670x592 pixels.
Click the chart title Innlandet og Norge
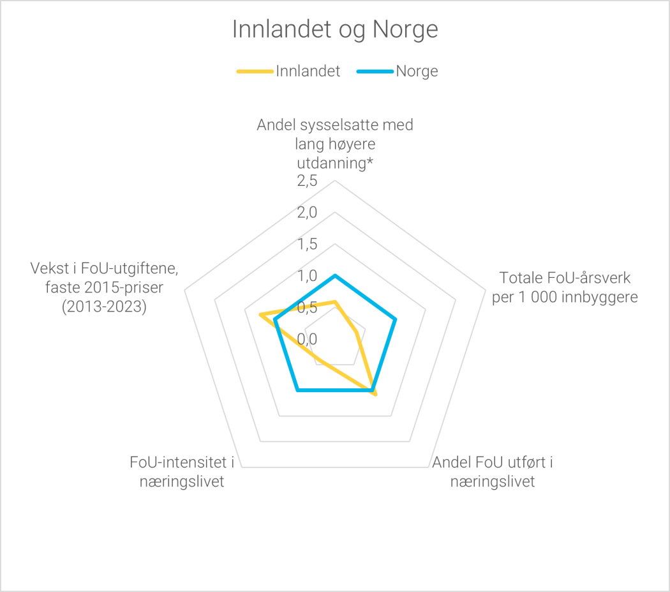pos(335,30)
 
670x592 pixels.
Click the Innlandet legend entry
pos(308,71)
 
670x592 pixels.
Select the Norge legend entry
pos(417,71)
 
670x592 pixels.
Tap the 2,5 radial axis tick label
pos(307,181)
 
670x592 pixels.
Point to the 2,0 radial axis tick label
pos(307,213)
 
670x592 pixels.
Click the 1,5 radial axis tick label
pos(307,244)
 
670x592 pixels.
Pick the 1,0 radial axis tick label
pos(307,276)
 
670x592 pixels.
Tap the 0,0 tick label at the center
pos(307,338)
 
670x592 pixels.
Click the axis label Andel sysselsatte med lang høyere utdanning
pos(335,144)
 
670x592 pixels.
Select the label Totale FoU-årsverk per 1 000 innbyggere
pos(565,287)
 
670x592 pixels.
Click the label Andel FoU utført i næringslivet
pos(492,472)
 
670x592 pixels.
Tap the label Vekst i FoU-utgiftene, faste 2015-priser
pos(105,287)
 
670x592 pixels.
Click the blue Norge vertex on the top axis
pos(335,275)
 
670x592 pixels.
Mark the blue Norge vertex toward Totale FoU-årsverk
pos(395,319)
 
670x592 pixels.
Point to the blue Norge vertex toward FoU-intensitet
pos(297,390)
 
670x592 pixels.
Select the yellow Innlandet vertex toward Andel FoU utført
pos(375,394)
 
